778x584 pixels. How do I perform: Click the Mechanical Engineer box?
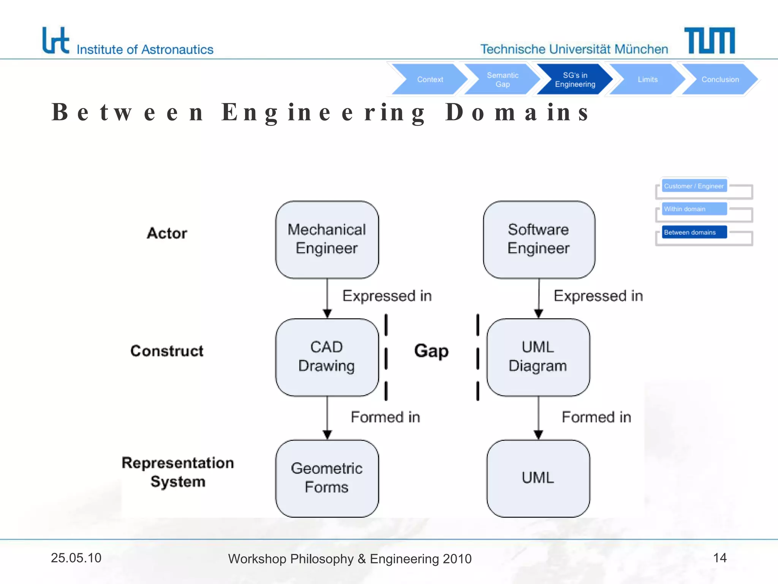pos(327,240)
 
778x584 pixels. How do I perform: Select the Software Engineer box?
pos(539,240)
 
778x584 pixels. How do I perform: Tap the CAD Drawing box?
pos(327,357)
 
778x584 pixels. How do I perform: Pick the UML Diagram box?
pos(538,357)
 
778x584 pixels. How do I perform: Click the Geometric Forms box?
pos(327,478)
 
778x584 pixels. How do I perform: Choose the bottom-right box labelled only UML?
pos(538,478)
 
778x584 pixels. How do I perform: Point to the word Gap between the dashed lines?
pos(431,351)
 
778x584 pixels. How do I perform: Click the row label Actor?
pos(167,233)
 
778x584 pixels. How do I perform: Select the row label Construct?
pos(167,351)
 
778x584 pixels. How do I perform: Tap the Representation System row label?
pos(178,472)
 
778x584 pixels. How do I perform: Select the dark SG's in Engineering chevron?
pos(574,79)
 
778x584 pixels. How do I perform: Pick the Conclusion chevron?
pos(719,79)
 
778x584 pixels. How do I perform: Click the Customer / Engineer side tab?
pos(694,186)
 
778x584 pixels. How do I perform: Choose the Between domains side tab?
pos(694,232)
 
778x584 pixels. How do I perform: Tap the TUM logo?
pos(709,40)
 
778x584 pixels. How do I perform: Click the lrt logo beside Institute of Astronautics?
pos(55,40)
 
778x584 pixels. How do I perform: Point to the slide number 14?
pos(719,558)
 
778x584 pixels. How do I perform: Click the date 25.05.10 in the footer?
pos(76,558)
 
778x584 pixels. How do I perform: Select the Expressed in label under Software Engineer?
pos(598,296)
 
